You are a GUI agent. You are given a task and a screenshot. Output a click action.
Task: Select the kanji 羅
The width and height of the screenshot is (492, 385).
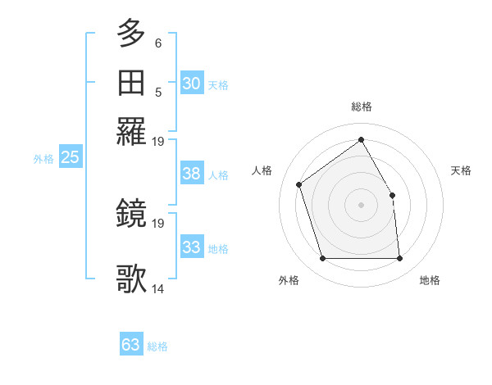click(x=132, y=131)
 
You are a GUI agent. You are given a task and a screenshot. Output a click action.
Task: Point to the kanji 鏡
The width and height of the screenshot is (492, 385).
click(x=132, y=213)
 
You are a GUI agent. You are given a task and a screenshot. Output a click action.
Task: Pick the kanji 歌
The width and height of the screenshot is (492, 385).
click(x=132, y=279)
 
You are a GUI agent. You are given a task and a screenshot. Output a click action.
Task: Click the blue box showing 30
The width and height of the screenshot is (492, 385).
click(x=192, y=84)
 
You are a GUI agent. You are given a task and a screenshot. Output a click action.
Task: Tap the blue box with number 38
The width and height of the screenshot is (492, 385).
click(x=192, y=174)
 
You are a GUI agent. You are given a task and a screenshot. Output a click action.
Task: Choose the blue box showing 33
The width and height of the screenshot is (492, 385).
click(x=192, y=247)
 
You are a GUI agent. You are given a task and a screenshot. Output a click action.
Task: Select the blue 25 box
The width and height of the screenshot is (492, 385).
click(x=70, y=157)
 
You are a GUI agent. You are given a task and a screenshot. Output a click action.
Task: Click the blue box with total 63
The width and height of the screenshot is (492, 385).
click(x=130, y=345)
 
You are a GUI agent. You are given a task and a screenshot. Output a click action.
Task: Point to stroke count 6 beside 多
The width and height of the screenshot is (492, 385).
click(x=158, y=43)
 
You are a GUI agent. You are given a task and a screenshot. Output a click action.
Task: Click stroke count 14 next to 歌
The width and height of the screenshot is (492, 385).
click(x=158, y=288)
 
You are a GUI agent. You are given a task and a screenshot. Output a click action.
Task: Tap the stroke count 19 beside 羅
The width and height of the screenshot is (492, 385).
click(x=158, y=141)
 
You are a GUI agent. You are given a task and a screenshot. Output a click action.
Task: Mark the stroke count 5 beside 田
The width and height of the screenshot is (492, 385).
click(x=158, y=92)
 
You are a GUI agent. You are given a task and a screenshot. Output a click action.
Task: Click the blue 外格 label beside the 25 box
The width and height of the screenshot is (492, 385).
click(x=43, y=159)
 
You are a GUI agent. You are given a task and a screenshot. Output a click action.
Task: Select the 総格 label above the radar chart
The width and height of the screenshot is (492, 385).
click(x=362, y=107)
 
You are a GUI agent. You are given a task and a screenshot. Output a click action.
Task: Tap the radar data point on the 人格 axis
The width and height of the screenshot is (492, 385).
click(x=299, y=184)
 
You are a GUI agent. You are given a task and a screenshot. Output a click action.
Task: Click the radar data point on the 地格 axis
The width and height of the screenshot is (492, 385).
click(x=399, y=259)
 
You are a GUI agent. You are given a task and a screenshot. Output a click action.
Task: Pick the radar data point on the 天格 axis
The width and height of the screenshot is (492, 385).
click(x=392, y=195)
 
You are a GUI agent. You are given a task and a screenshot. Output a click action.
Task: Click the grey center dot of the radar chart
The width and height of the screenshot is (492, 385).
click(x=361, y=205)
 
